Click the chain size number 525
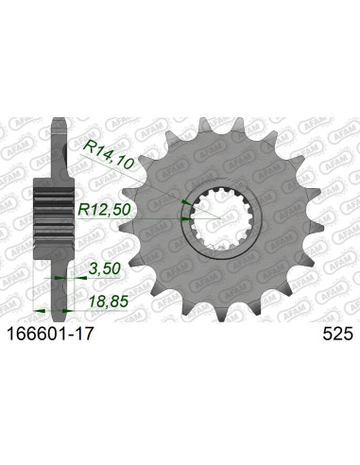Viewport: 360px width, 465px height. (x=330, y=332)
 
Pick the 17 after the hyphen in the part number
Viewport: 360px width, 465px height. (x=85, y=332)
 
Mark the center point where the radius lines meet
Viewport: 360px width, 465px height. (x=223, y=219)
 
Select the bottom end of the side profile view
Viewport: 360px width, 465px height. (x=59, y=304)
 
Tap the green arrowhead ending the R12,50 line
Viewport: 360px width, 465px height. (x=186, y=219)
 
